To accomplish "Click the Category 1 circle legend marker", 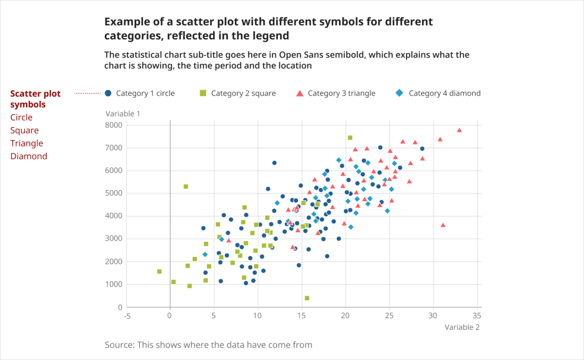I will [108, 93].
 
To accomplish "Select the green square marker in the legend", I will [203, 93].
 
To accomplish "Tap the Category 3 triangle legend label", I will [341, 93].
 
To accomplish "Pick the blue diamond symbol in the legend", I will [399, 93].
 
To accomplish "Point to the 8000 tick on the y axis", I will [114, 125].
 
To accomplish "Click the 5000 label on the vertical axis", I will [114, 193].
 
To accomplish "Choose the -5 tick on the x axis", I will [127, 316].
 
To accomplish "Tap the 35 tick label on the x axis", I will [477, 316].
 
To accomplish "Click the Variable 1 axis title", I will [123, 114].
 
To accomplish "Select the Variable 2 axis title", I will [462, 327].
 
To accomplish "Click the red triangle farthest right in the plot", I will [459, 130].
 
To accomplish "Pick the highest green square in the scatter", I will [350, 138].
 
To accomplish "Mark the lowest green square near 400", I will [307, 298].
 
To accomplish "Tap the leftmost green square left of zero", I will [159, 272].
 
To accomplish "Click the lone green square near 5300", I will [186, 187].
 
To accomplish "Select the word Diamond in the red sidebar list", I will [29, 156].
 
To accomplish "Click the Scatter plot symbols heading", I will [35, 99].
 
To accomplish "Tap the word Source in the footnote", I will [119, 345].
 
